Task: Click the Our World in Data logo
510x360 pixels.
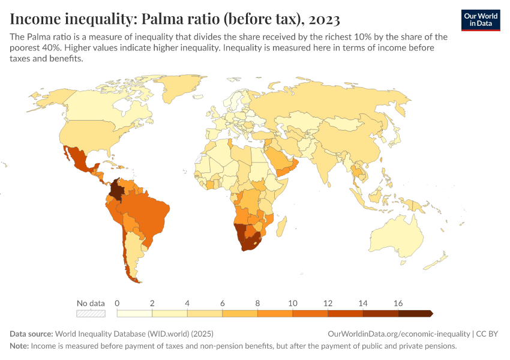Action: tap(481, 20)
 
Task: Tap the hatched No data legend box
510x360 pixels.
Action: tap(91, 313)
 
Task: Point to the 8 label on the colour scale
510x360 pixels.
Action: tap(257, 303)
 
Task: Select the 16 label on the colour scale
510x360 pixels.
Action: tap(398, 303)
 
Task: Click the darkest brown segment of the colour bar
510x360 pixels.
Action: tap(414, 313)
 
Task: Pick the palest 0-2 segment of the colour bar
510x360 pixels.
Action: tap(134, 313)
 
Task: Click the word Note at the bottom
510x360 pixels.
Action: tap(19, 346)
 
